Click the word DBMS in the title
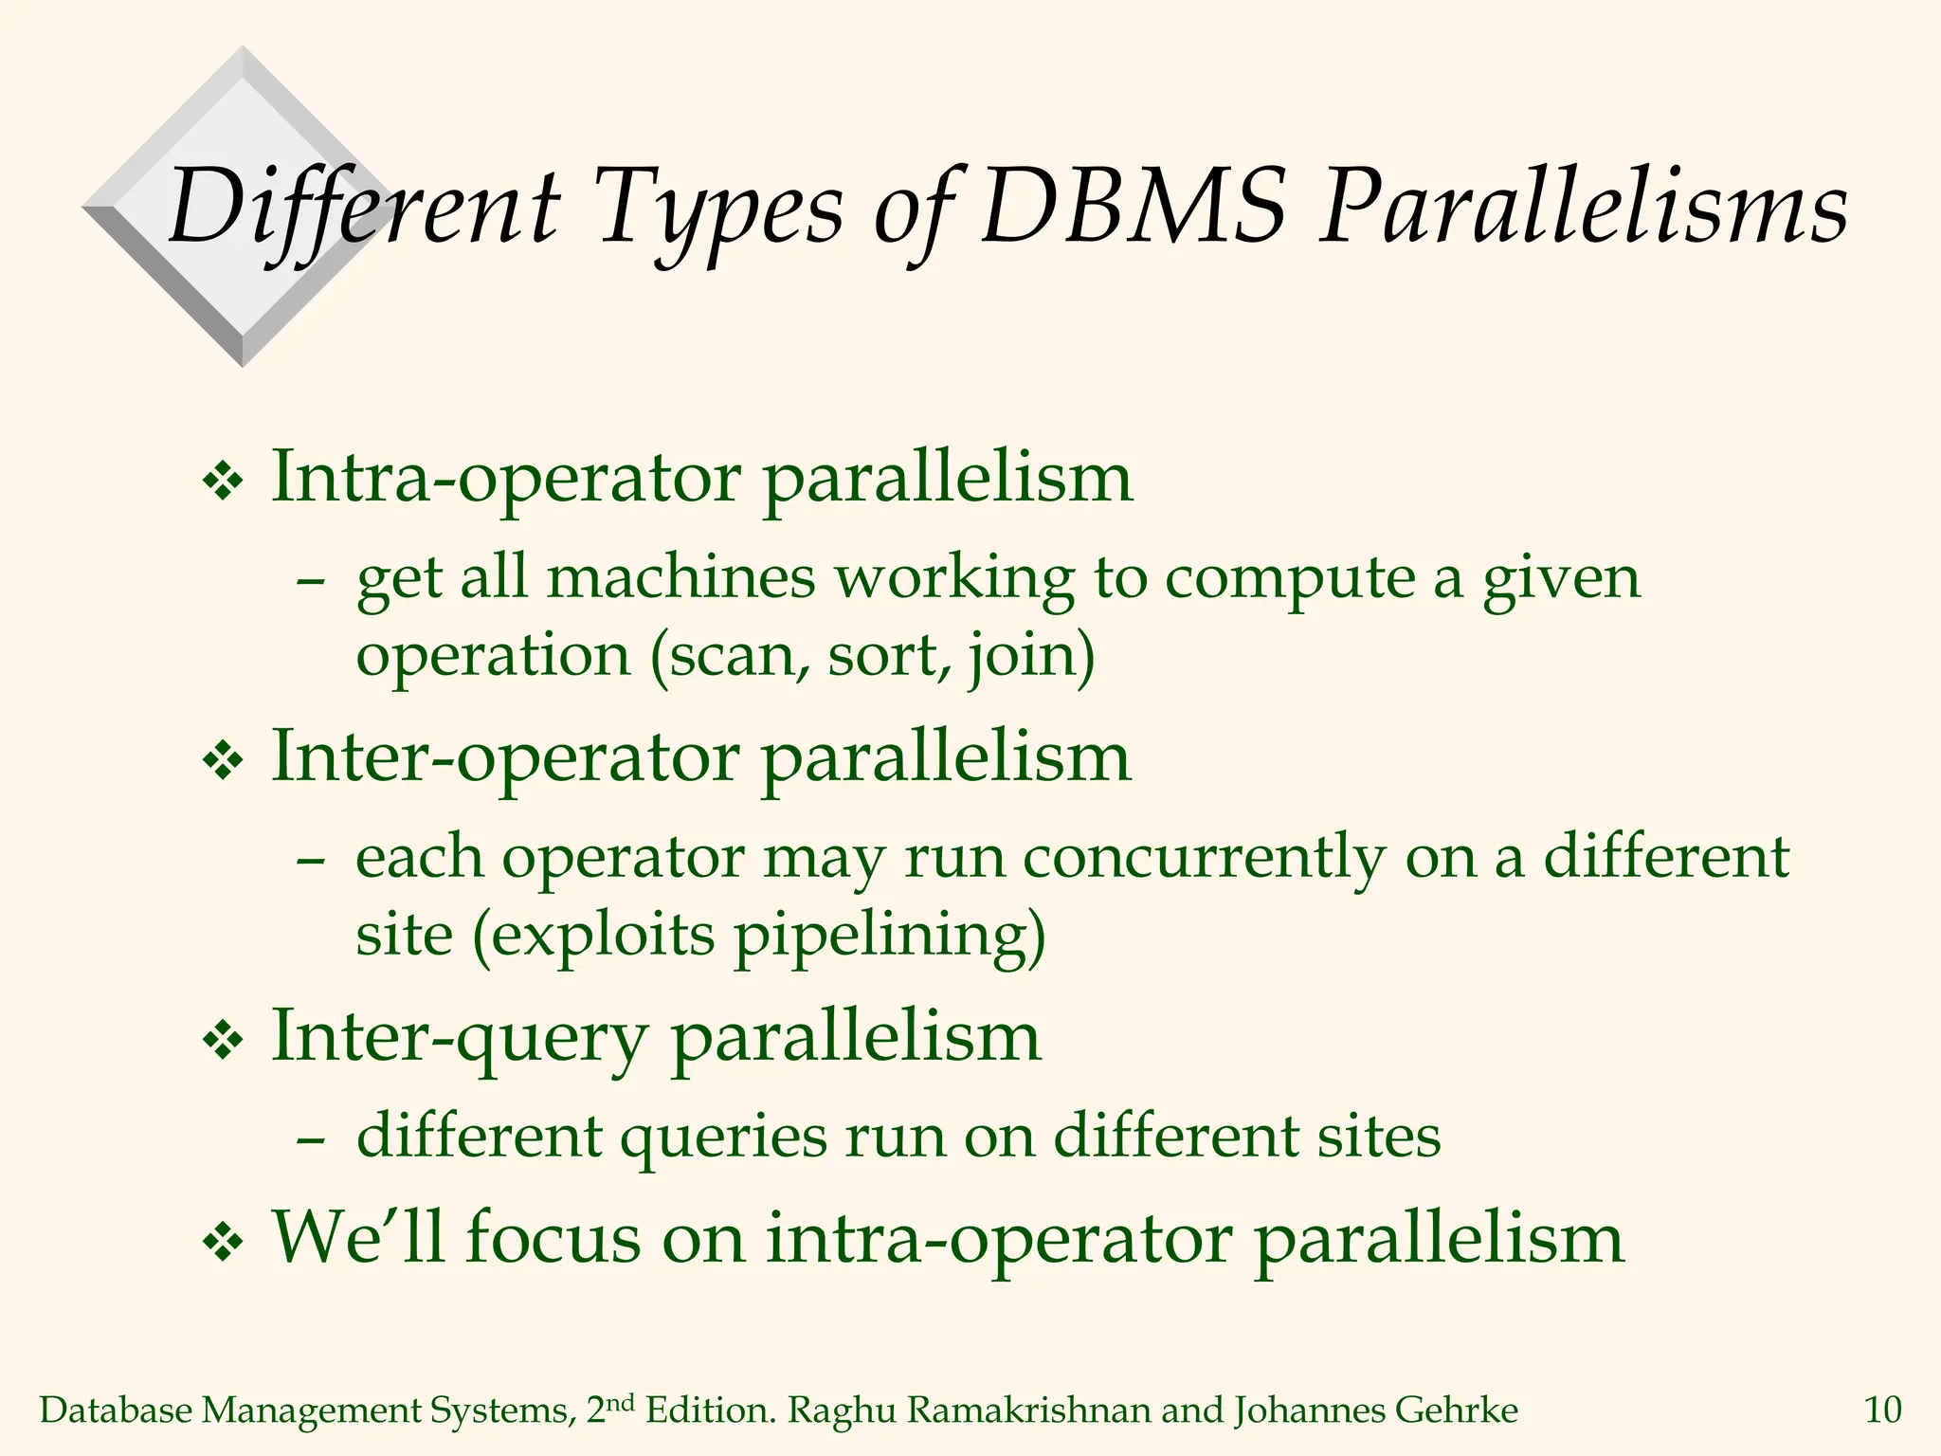[1134, 207]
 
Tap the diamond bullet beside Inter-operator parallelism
[224, 763]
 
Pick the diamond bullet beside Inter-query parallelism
[224, 1042]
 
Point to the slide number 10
[1882, 1410]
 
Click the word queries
[723, 1137]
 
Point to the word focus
[553, 1237]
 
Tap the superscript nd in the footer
[619, 1402]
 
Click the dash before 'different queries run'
[311, 1138]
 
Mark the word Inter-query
[459, 1038]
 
